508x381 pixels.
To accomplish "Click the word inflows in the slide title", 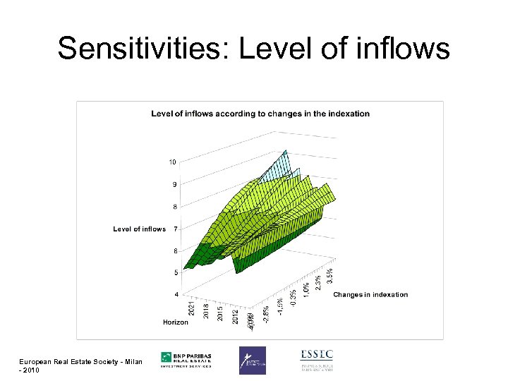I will point(407,49).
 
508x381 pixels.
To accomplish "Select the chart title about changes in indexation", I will point(260,114).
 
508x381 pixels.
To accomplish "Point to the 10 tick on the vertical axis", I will point(172,162).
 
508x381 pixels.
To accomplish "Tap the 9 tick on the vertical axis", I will point(174,184).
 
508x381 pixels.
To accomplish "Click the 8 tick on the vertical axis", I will point(174,207).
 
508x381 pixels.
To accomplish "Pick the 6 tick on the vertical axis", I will point(174,250).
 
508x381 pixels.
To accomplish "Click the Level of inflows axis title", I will point(139,229).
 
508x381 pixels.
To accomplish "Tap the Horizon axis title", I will point(176,322).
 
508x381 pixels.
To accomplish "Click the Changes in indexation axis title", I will point(370,294).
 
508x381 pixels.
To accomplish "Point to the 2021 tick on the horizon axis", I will point(192,309).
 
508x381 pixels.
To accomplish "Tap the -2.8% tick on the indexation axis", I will point(266,313).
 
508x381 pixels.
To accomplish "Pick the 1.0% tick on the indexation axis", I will point(306,290).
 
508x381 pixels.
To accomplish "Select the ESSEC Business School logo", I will point(316,360).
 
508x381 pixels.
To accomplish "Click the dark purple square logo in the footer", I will point(252,360).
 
